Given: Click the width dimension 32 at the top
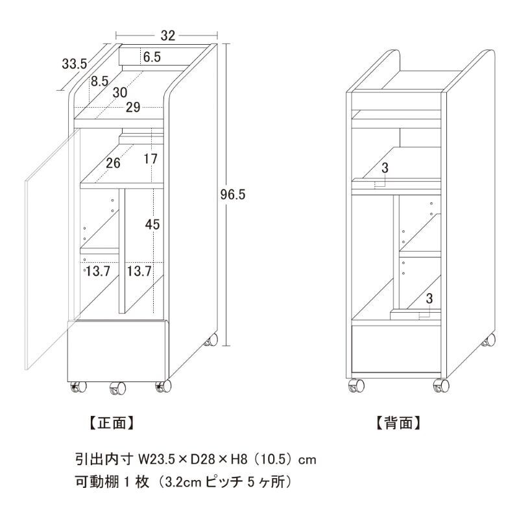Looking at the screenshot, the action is pos(167,36).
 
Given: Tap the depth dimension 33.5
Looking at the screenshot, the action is pos(75,64).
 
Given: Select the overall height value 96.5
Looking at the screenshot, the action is pos(233,195).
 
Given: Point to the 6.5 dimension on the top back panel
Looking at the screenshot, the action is pos(152,57).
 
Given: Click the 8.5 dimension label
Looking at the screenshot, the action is pos(100,81).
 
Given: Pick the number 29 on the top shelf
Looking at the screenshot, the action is pos(133,107).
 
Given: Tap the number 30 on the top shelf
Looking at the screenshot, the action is pos(120,93).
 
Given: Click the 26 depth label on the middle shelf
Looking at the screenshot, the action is pos(113,163).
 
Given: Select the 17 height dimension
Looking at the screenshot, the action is pos(151,159).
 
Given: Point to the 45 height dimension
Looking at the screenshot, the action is pos(152,224).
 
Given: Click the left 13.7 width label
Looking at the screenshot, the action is pos(98,271).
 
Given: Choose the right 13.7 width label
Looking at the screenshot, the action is pos(139,271).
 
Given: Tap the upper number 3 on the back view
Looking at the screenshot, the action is pos(385,168).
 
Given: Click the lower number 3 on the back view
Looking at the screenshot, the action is pos(429,298).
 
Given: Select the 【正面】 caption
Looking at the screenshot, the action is pos(112,423).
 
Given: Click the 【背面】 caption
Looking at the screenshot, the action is pos(398,423).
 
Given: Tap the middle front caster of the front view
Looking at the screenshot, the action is pos(118,387).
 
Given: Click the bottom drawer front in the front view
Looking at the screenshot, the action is pos(117,350).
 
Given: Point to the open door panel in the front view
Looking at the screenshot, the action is pos(53,249).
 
